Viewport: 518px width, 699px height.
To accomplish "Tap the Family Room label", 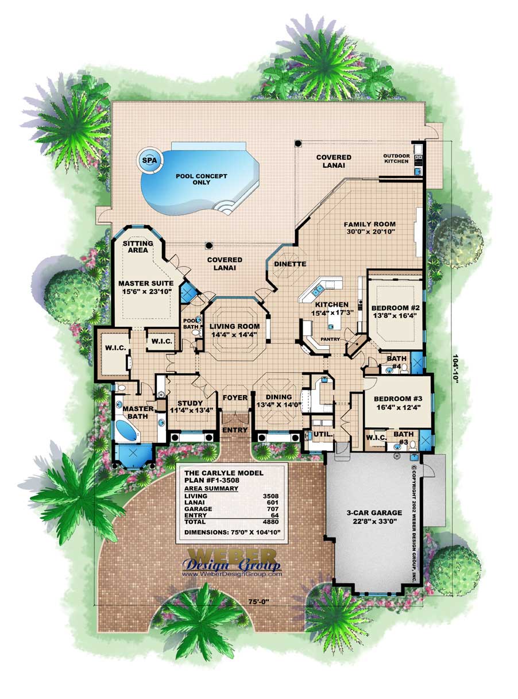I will click(370, 224).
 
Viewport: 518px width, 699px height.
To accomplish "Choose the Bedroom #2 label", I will click(394, 307).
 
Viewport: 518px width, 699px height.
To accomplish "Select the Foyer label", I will click(234, 397).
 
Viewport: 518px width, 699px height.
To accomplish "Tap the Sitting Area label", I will click(138, 247).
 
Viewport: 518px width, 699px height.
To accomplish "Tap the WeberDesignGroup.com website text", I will click(232, 573).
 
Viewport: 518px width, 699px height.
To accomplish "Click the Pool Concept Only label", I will click(194, 179).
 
